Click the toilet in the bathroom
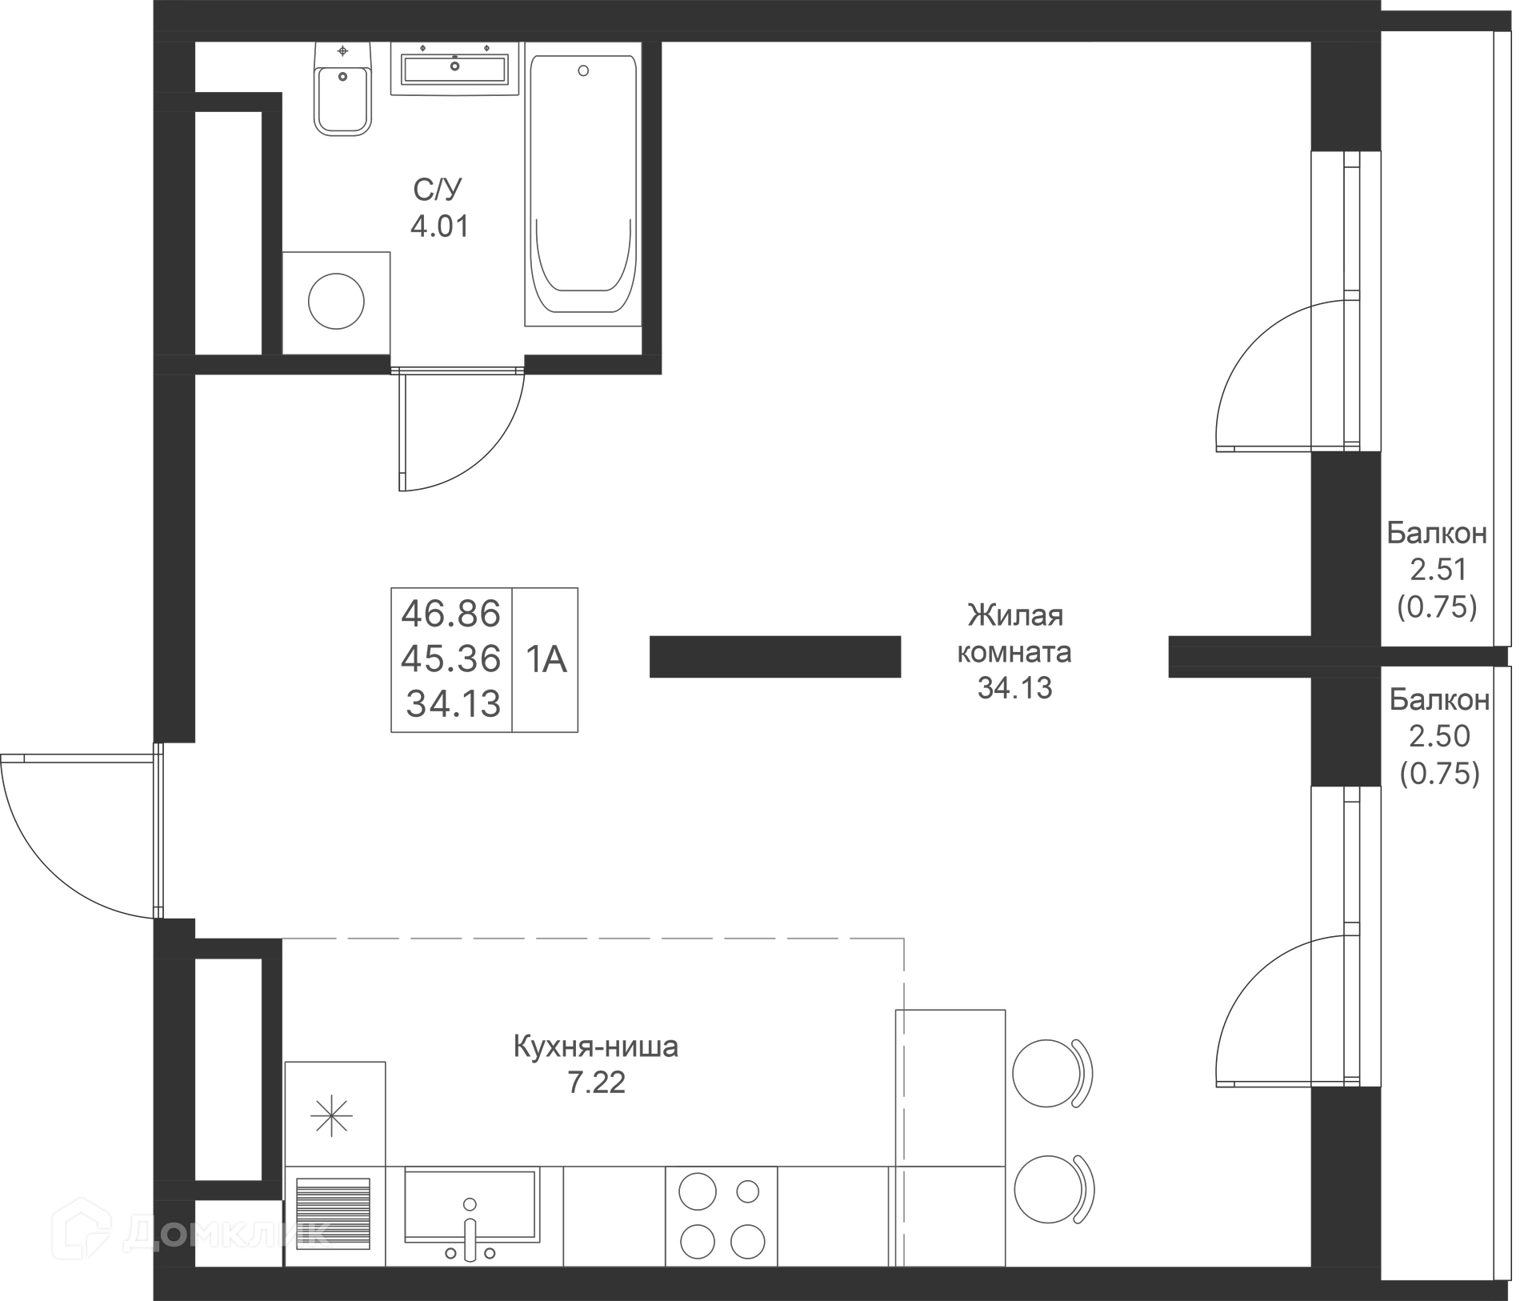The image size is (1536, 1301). [343, 89]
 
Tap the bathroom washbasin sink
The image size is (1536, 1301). [454, 69]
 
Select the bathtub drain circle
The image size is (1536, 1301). [583, 70]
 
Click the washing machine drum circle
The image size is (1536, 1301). [336, 301]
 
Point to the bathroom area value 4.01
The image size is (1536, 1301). [439, 226]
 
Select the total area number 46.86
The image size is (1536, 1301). [451, 614]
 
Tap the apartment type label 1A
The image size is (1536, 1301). [546, 660]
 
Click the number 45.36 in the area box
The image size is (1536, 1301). [451, 659]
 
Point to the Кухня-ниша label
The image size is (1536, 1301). [596, 1046]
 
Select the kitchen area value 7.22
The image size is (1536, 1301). [596, 1083]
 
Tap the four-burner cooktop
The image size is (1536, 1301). [722, 1216]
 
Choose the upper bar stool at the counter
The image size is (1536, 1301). [1052, 1073]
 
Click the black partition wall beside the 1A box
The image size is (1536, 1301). [775, 657]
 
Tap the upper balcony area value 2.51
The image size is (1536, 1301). [1438, 570]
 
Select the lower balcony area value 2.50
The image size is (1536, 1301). [1440, 736]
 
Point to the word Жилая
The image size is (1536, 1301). [1015, 615]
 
